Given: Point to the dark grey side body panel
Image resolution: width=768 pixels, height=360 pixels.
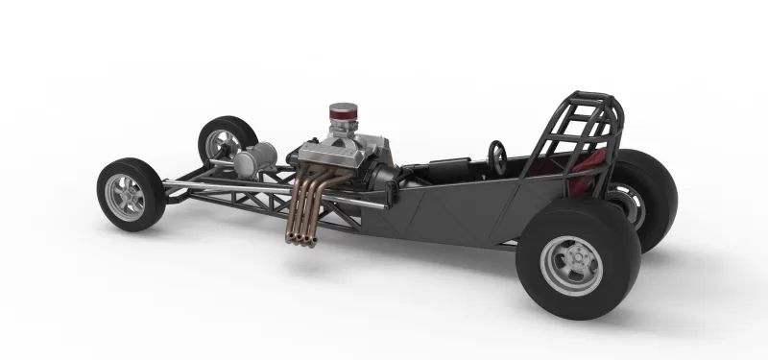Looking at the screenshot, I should pos(451,211).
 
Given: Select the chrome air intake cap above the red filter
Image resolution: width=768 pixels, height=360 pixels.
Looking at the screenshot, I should pos(343,108).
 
